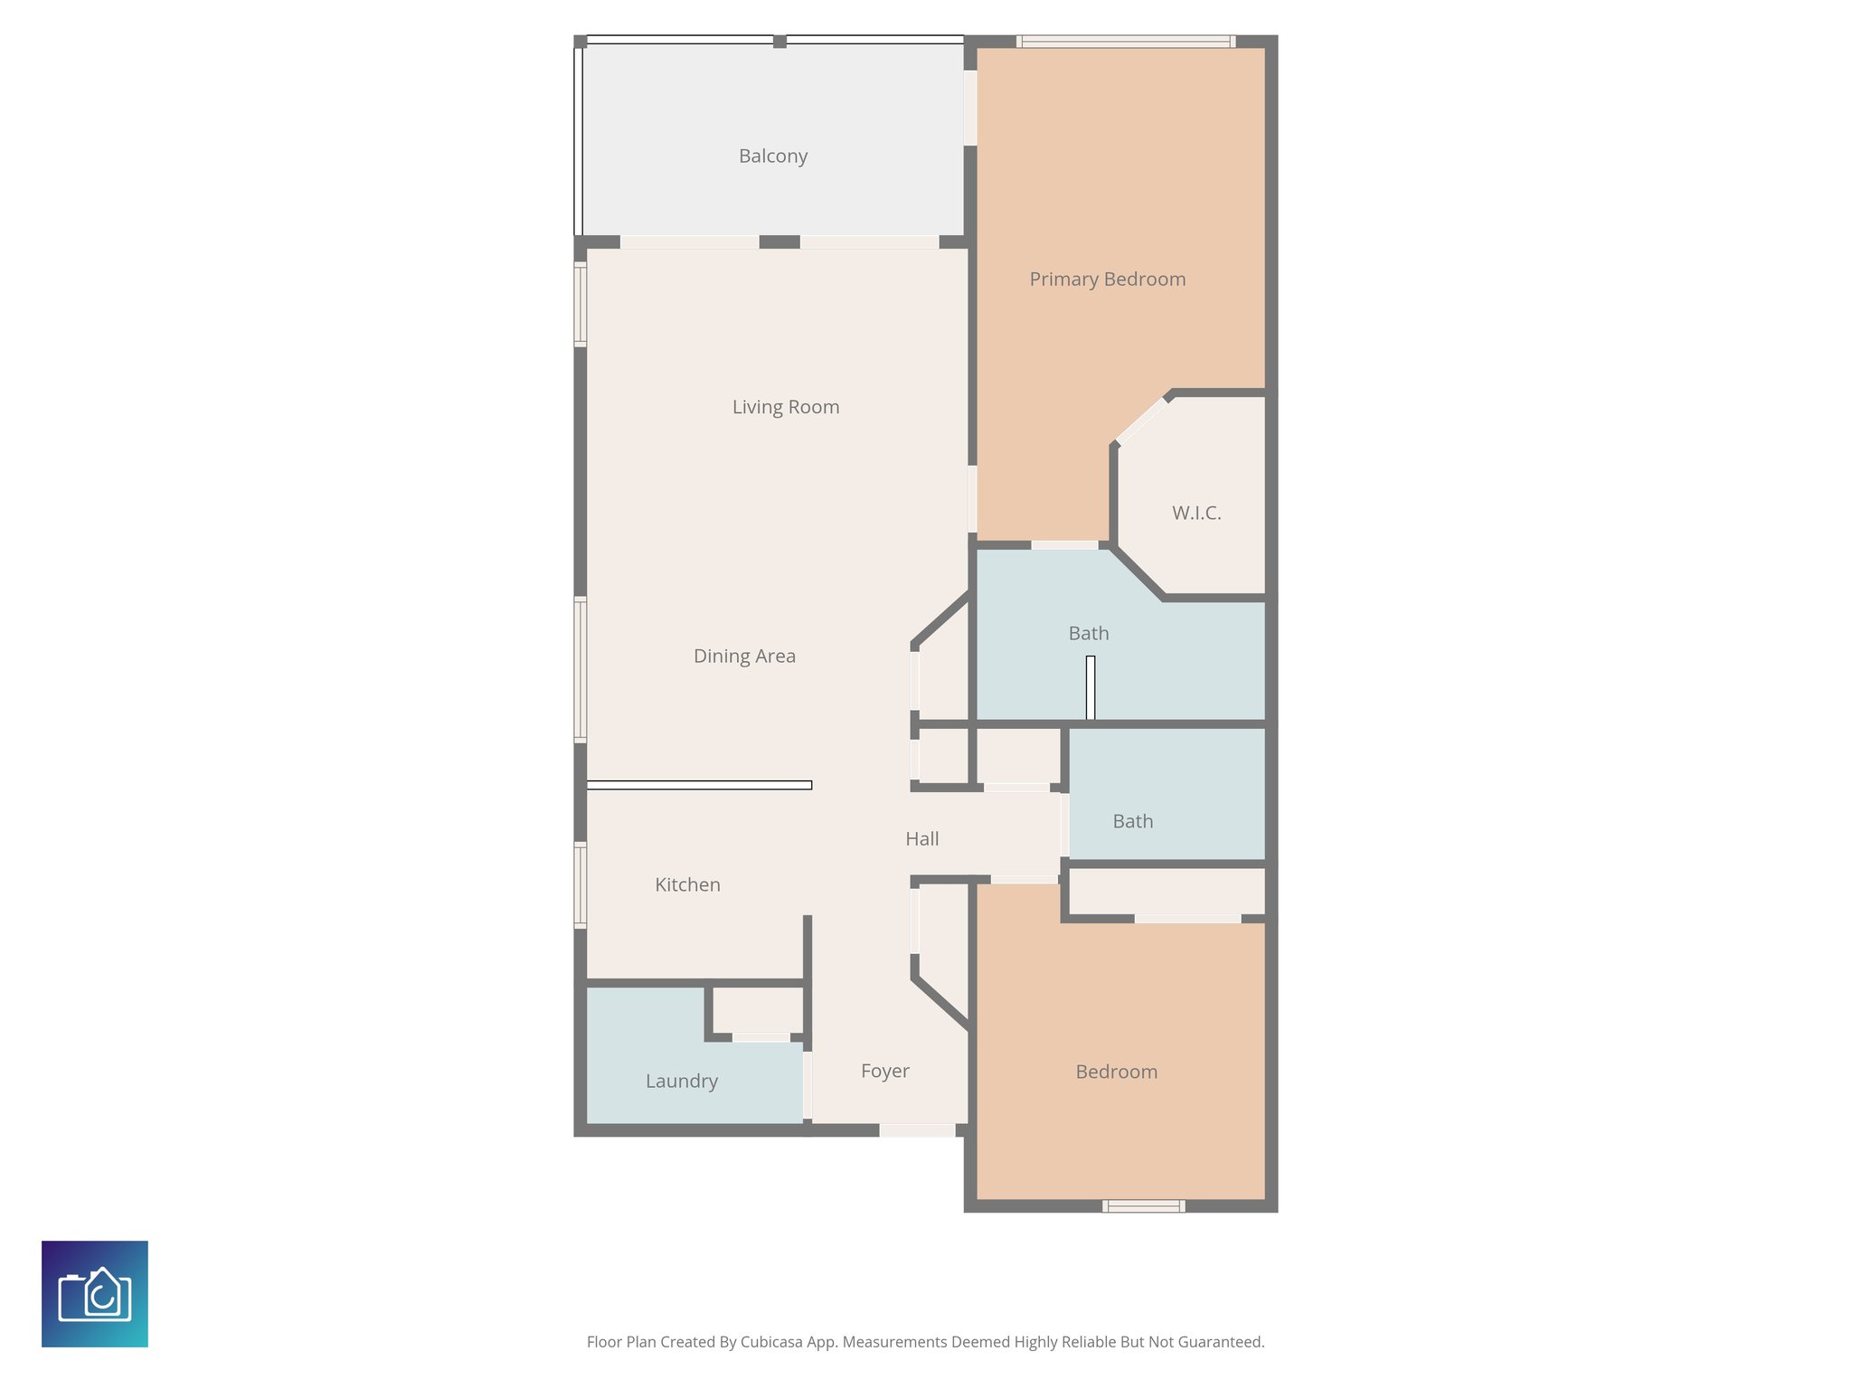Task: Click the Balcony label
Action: tap(772, 156)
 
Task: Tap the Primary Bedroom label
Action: tap(1107, 279)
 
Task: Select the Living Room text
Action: tap(785, 407)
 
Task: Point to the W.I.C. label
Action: tap(1195, 514)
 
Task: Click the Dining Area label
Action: tap(744, 657)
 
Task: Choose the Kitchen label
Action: tap(687, 885)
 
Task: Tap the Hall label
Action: tap(921, 839)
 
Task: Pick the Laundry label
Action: tap(681, 1082)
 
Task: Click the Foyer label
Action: tap(884, 1072)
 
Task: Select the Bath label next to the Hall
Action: tap(1132, 822)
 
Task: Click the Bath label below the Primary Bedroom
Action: tap(1088, 634)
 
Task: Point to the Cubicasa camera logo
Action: tap(95, 1294)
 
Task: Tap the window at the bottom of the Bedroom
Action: tap(1143, 1205)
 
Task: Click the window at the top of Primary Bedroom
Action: tap(1125, 42)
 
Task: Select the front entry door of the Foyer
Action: tap(917, 1130)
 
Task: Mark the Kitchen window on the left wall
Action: tap(581, 884)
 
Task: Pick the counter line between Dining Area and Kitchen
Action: tap(699, 785)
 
